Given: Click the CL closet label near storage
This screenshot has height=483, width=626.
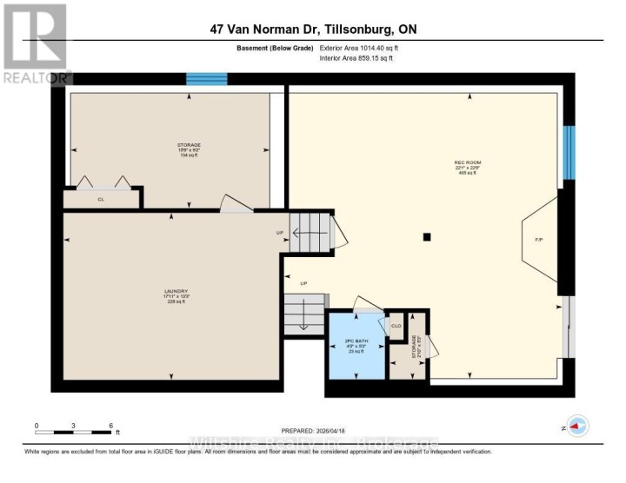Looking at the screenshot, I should pos(101,199).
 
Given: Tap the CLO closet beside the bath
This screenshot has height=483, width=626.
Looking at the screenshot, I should pos(396,326).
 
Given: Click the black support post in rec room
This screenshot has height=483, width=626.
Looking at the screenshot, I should pos(427,236).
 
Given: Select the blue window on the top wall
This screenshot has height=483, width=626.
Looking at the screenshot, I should pos(207,79).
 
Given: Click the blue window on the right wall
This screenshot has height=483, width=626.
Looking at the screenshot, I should pos(569,152).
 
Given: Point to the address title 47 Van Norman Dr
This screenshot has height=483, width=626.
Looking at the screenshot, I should pos(313,29).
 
